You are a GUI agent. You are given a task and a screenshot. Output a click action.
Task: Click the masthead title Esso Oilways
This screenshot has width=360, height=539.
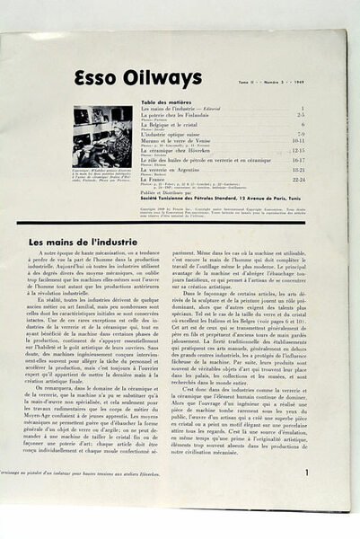pos(137,79)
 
